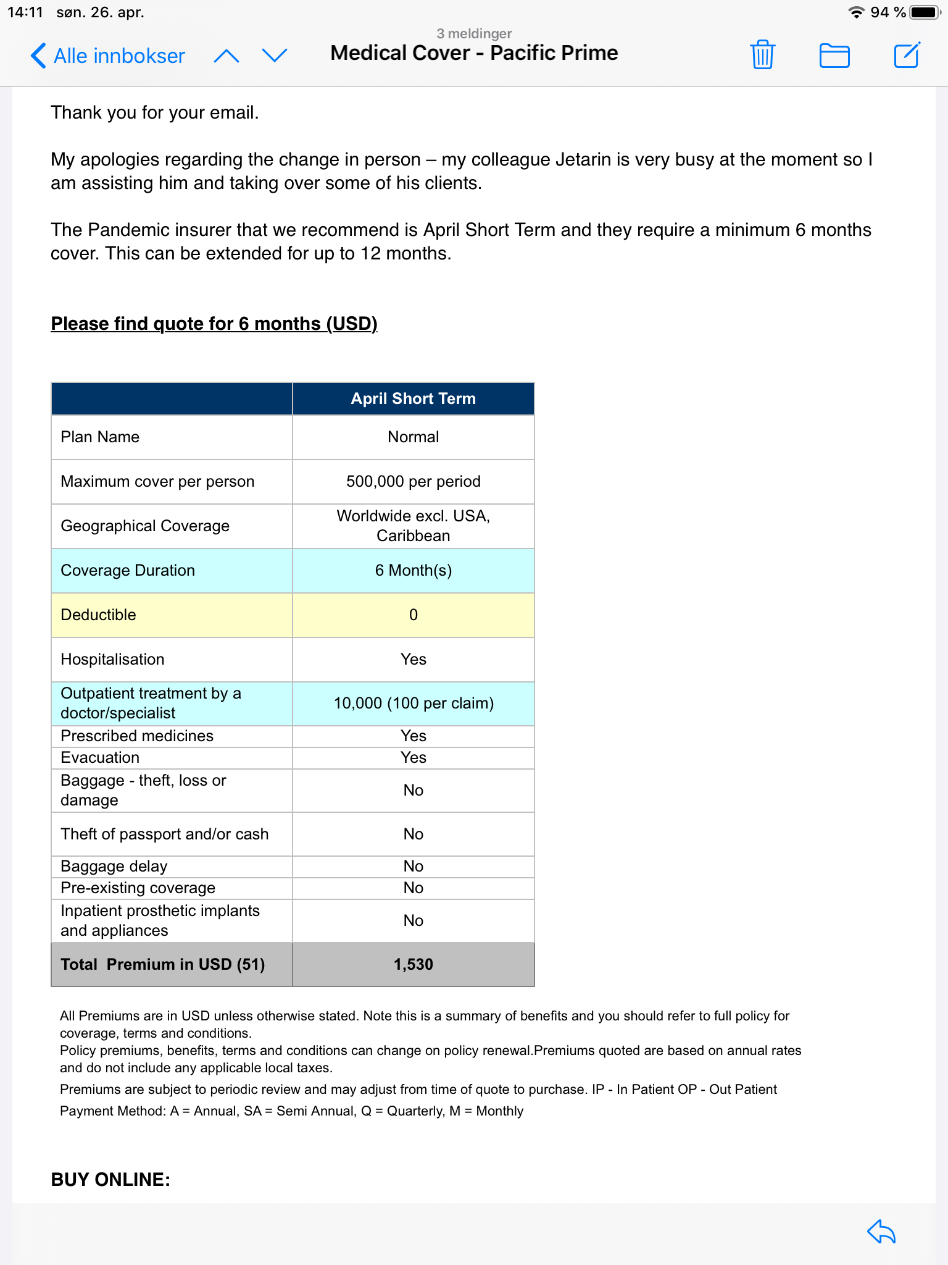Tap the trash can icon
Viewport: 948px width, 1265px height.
click(x=763, y=55)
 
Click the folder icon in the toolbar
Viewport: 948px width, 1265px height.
click(x=834, y=56)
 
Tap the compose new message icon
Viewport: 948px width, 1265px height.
click(x=907, y=55)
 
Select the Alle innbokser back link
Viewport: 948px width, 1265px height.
click(x=109, y=56)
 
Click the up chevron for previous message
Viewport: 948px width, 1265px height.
click(x=227, y=56)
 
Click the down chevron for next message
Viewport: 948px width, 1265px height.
click(x=275, y=56)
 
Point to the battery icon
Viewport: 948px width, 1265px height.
click(x=925, y=12)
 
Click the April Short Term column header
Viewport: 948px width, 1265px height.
click(x=413, y=399)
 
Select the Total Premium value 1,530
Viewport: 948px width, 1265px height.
click(x=413, y=964)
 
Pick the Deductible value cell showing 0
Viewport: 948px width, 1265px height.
click(x=413, y=615)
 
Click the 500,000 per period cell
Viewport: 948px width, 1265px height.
click(x=413, y=481)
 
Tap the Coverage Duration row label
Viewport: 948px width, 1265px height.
click(x=128, y=570)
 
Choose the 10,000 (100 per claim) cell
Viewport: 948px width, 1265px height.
click(x=413, y=703)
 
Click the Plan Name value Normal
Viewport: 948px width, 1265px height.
click(x=413, y=437)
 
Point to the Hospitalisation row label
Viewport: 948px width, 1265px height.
click(x=112, y=659)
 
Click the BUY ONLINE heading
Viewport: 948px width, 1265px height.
click(x=110, y=1179)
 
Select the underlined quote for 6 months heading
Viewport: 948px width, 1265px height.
click(x=214, y=324)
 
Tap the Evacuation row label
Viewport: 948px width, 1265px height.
click(x=100, y=757)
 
